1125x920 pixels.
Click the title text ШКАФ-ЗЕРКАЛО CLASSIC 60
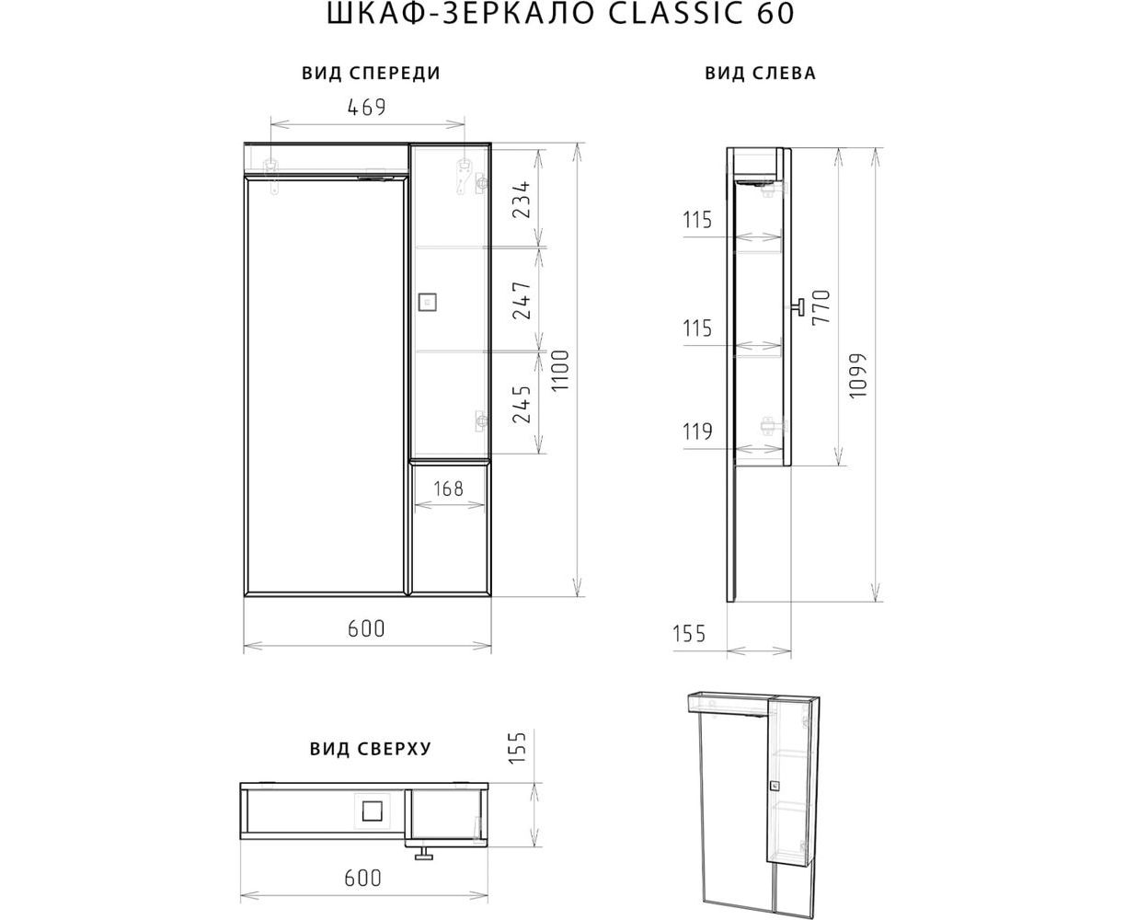[x=560, y=14]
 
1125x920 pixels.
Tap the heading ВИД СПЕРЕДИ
[x=372, y=73]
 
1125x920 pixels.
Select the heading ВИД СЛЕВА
[x=760, y=73]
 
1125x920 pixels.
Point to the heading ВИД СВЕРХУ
[x=370, y=749]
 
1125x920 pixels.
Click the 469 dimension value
[x=366, y=108]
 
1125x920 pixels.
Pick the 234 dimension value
[x=522, y=199]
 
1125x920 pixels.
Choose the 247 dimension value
[x=522, y=301]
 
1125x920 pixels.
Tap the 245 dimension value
[x=522, y=405]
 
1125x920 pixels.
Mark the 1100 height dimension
[x=560, y=371]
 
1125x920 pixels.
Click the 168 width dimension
[x=449, y=489]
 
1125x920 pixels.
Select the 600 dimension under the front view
[x=366, y=628]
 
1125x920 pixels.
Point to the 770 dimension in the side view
[x=821, y=307]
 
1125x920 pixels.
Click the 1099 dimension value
[x=857, y=375]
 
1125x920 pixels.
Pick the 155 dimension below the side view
[x=689, y=634]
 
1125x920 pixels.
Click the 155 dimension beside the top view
[x=517, y=747]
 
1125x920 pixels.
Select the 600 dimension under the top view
[x=363, y=878]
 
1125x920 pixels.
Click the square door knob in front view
[x=427, y=302]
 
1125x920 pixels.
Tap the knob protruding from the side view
[x=798, y=307]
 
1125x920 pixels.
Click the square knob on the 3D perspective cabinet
[x=774, y=786]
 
